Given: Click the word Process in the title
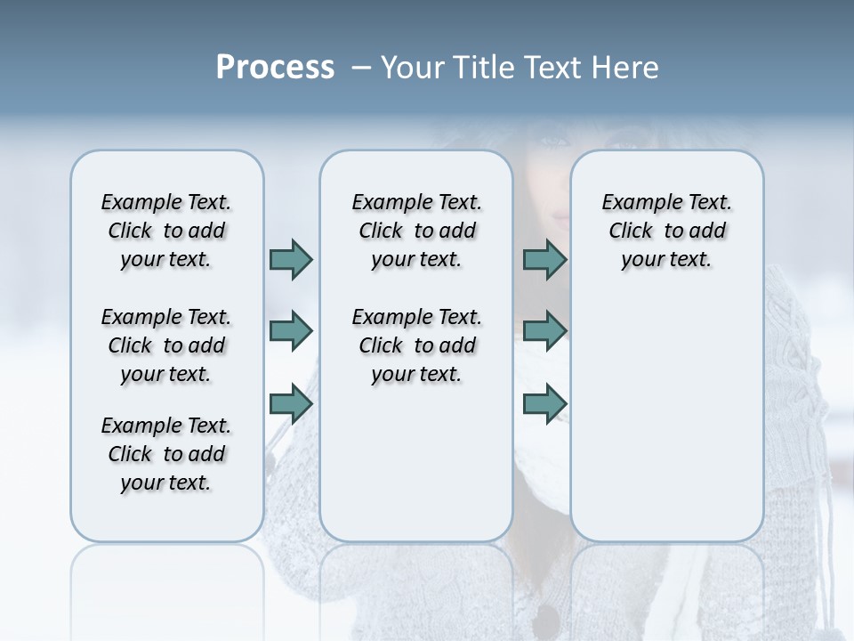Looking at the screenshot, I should click(275, 68).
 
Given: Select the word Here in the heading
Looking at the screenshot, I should click(625, 68).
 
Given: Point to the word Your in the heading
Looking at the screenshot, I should click(413, 68).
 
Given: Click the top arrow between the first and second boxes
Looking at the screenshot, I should click(291, 259).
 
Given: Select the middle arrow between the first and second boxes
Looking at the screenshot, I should click(291, 331).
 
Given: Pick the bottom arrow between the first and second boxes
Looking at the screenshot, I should click(291, 404).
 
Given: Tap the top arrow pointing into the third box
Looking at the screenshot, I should click(544, 259).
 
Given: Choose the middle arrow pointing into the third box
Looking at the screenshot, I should click(544, 331).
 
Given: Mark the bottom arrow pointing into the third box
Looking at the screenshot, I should click(544, 404).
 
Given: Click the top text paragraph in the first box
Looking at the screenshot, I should click(166, 231).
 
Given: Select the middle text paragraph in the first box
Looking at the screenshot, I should click(166, 345).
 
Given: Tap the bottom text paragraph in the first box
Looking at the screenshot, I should click(166, 454).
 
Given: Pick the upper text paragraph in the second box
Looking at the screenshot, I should click(416, 231).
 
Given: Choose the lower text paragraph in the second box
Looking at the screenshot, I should click(416, 345).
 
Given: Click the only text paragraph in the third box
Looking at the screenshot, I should click(666, 231).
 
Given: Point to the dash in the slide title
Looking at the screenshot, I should click(361, 68).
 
